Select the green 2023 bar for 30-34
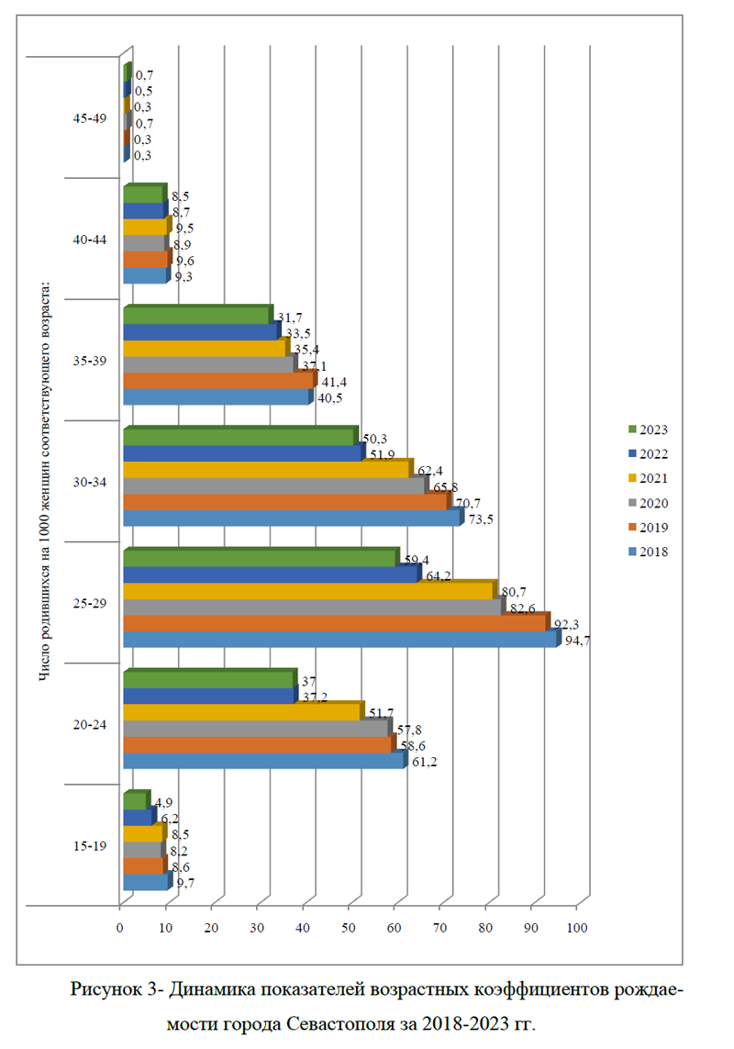239,437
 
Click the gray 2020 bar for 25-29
312,607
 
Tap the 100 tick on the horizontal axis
576,927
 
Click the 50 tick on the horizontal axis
349,927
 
